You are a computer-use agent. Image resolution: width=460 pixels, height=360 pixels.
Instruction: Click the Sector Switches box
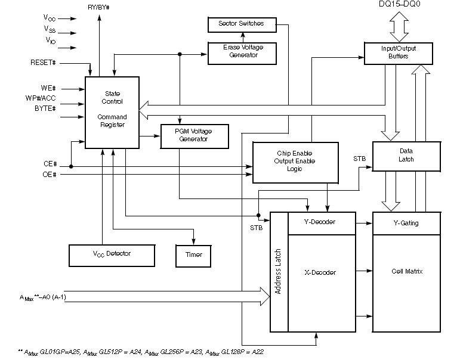243,24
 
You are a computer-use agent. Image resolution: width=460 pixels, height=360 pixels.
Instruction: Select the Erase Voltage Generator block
243,52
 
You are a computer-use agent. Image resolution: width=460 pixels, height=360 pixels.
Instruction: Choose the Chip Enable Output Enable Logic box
295,162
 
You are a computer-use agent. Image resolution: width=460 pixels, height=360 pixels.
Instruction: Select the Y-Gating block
406,223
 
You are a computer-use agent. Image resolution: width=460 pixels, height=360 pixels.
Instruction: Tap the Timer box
193,255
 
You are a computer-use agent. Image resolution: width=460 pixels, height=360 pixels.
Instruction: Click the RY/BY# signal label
99,7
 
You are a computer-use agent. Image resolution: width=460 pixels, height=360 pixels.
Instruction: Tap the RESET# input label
44,62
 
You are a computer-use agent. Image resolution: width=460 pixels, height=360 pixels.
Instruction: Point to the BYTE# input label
44,108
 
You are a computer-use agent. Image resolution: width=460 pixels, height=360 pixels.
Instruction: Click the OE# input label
50,174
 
